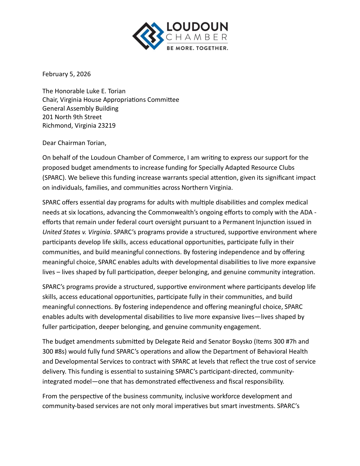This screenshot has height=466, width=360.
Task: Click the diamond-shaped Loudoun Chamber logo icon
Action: [148, 36]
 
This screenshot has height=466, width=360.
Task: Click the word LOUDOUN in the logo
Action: [197, 27]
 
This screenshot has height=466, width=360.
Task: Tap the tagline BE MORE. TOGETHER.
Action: [197, 48]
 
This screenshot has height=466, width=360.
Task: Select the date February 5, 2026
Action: [66, 74]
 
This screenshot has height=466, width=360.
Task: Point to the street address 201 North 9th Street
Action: [72, 117]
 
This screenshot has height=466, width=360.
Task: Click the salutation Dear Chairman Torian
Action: [74, 143]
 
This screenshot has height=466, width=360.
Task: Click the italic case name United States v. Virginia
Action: [76, 232]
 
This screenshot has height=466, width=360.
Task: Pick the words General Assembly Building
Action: [80, 109]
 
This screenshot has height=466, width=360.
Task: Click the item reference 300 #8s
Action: [54, 352]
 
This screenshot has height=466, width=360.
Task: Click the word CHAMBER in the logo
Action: [196, 37]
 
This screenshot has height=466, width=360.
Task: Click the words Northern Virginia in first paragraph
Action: [207, 188]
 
